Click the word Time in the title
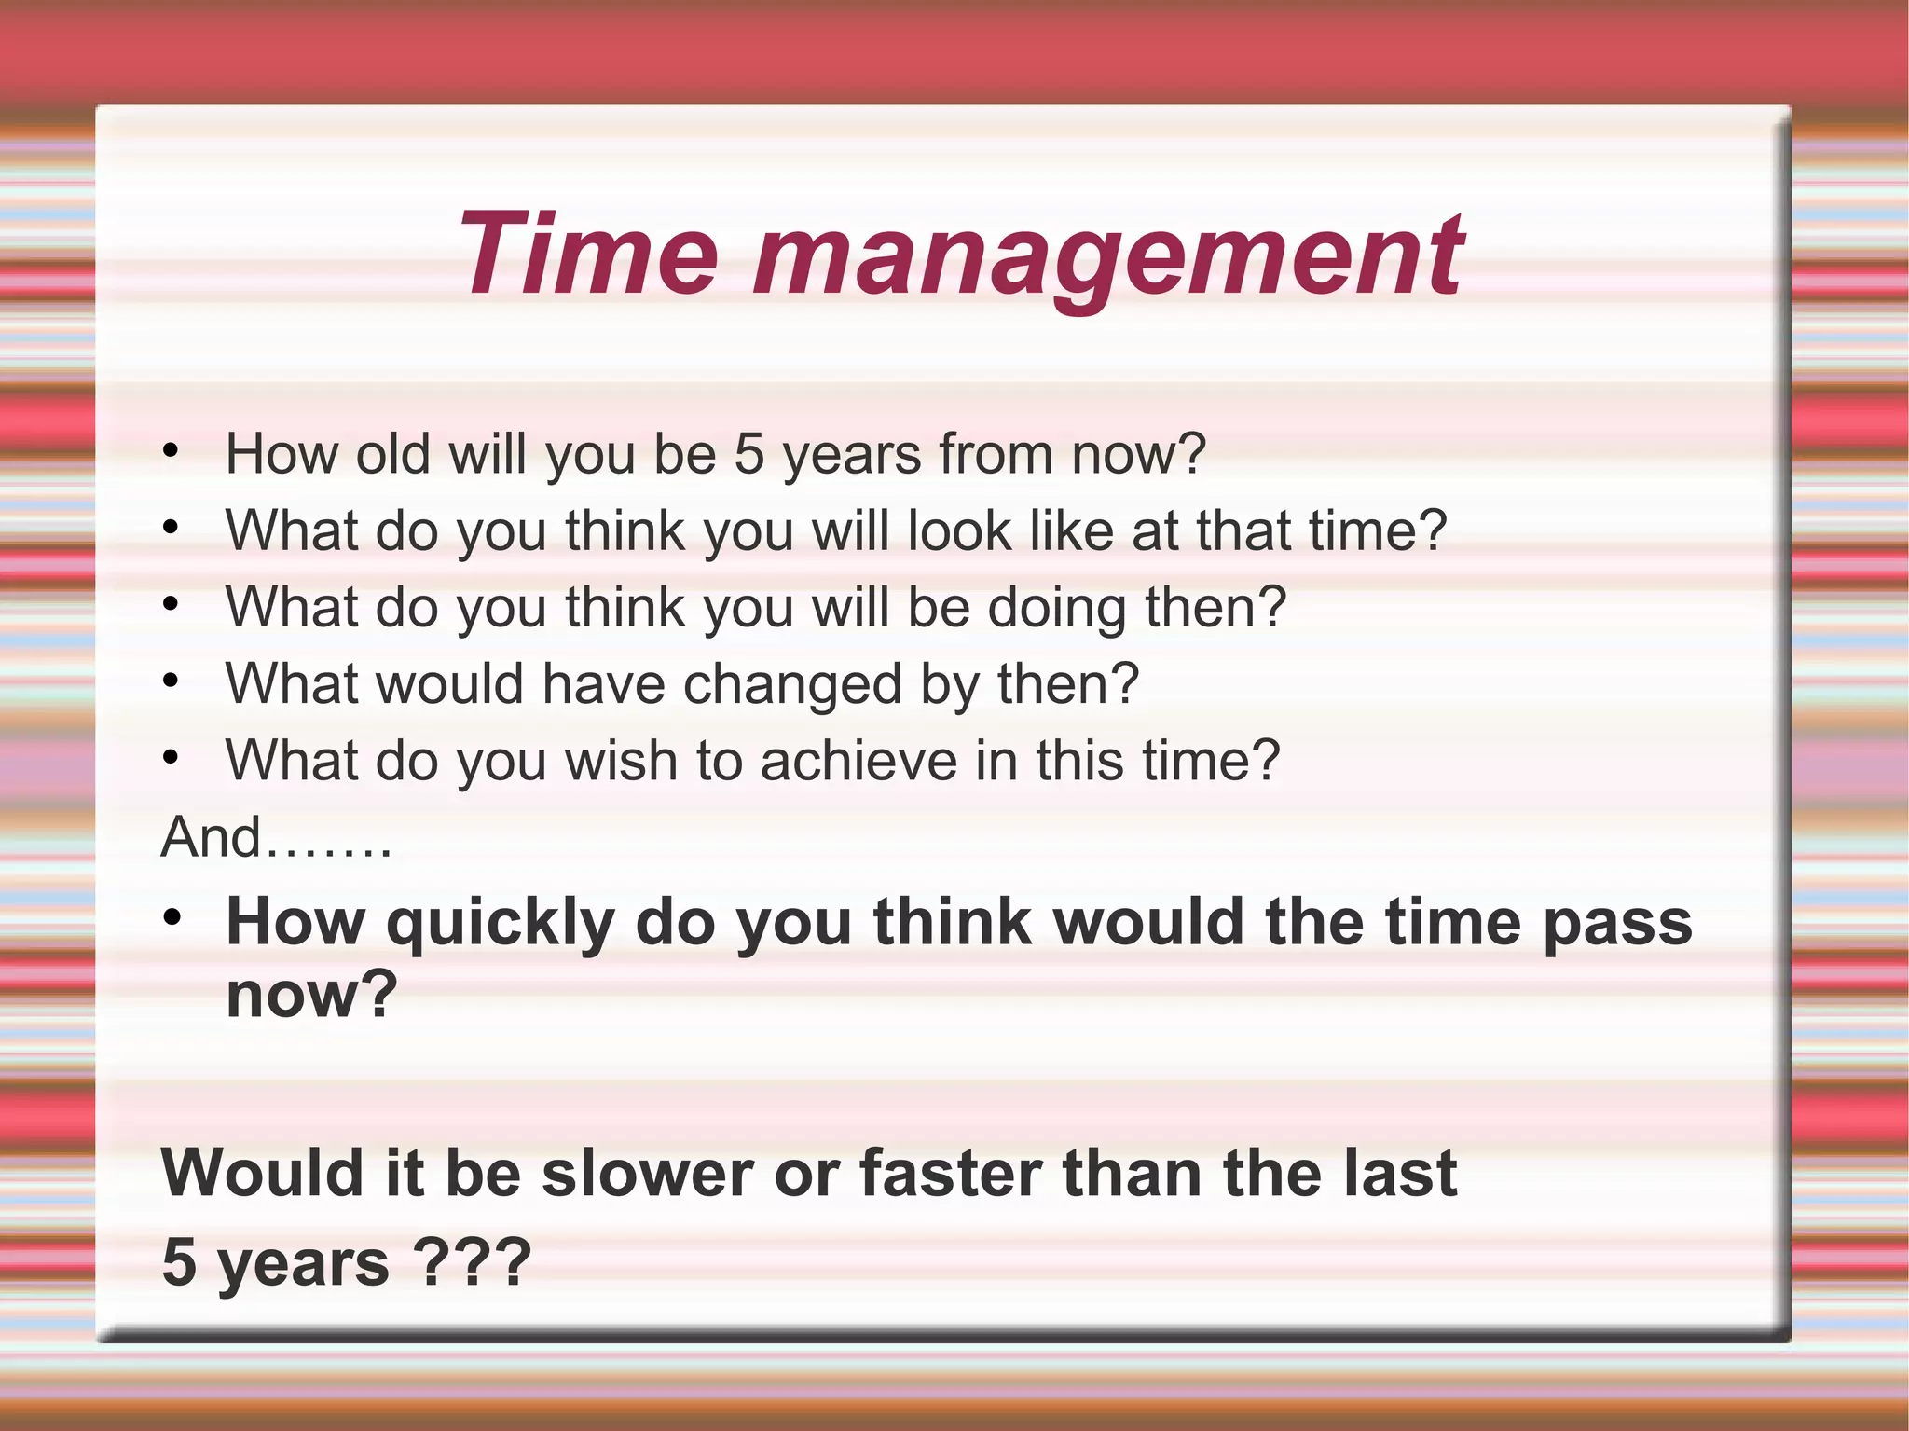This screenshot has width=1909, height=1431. point(587,254)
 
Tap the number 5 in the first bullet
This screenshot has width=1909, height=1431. point(748,454)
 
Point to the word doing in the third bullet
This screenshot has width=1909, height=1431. point(1057,608)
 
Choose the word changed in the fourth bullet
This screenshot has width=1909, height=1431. point(792,684)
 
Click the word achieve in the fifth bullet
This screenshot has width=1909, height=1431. point(858,761)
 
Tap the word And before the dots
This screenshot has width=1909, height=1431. point(211,837)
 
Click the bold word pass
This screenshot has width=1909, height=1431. point(1617,923)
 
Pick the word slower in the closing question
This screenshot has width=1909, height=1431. point(648,1173)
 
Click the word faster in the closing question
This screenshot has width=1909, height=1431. point(951,1173)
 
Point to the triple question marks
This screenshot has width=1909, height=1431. point(472,1262)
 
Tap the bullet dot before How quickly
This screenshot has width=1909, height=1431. point(171,918)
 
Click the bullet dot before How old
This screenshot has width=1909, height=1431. point(170,452)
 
